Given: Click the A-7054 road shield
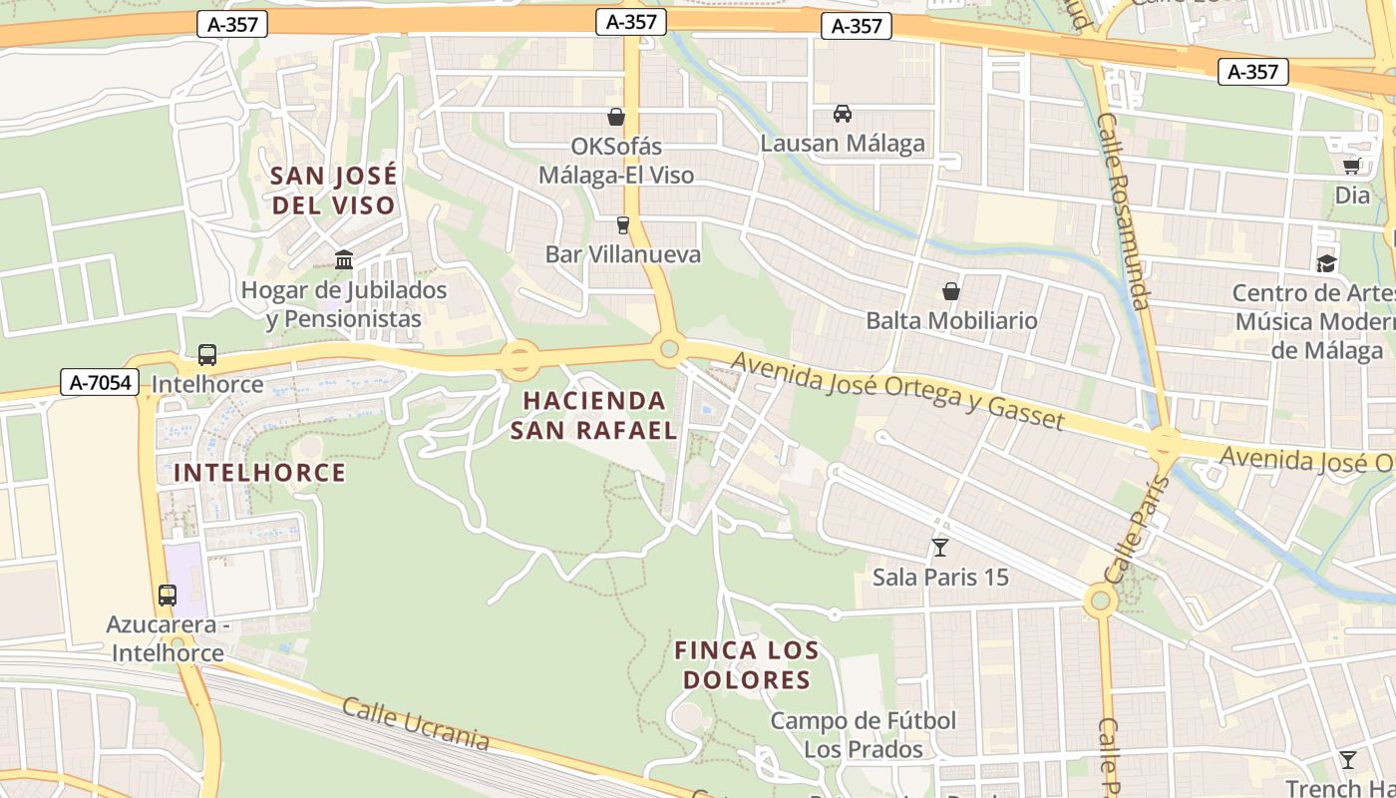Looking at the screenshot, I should tap(100, 381).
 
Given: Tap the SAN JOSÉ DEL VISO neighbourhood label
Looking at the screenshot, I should tap(333, 191).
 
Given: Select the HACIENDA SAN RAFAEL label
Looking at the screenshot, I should tap(593, 415).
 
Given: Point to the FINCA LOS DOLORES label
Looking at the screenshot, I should tap(746, 665).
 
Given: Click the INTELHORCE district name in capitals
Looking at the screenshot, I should tap(259, 473).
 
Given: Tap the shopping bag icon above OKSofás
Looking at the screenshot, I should tap(616, 117).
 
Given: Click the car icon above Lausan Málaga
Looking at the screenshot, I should tap(843, 114).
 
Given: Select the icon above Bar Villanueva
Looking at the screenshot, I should tap(623, 224).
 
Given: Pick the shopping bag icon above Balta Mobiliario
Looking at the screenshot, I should tap(951, 291).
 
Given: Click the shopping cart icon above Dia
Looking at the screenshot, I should tap(1352, 166).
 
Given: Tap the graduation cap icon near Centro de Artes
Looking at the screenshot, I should tap(1326, 263).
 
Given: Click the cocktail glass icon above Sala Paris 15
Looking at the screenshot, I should tap(939, 547).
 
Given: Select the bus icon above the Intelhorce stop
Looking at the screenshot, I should tap(207, 354).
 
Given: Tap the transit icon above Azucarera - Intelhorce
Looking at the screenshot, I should tap(168, 596).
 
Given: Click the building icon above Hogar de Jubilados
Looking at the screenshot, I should tap(344, 260).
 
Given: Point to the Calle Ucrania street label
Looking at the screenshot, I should tap(416, 723).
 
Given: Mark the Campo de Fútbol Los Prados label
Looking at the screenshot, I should tap(864, 734).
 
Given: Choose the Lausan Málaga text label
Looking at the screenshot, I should tap(843, 144).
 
